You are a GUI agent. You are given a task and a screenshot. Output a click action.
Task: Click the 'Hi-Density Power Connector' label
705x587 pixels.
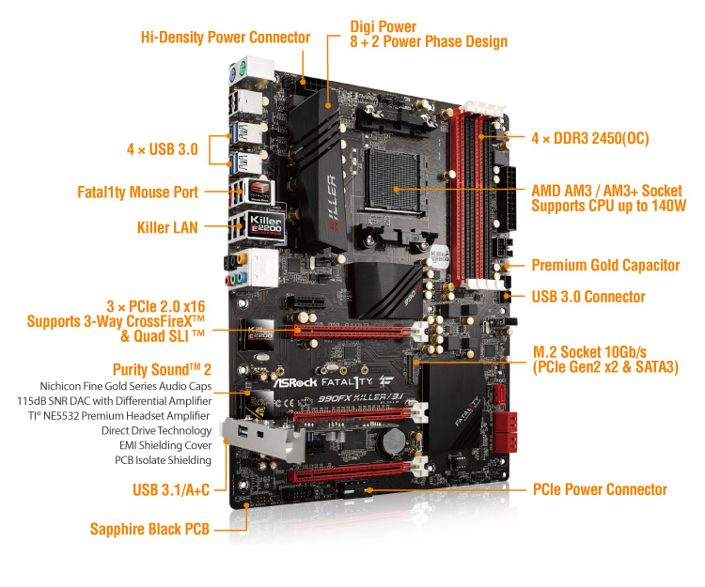coord(225,38)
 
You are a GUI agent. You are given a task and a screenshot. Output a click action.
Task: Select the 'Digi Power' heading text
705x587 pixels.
coord(383,26)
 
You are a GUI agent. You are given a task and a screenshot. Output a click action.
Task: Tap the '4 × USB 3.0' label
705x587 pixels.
coord(162,148)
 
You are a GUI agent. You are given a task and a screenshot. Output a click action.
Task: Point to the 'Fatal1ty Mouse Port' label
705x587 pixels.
coord(137,192)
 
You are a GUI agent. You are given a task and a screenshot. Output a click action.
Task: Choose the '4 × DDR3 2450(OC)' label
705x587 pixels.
coord(590,138)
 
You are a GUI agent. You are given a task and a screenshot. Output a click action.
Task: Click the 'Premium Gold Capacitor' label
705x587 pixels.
coord(605,265)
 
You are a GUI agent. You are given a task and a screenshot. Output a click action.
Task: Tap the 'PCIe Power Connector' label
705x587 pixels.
coord(600,489)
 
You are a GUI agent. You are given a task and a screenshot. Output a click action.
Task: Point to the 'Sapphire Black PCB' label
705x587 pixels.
coord(149,529)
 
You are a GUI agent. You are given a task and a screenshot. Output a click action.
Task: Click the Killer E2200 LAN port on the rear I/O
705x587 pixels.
coord(261,225)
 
